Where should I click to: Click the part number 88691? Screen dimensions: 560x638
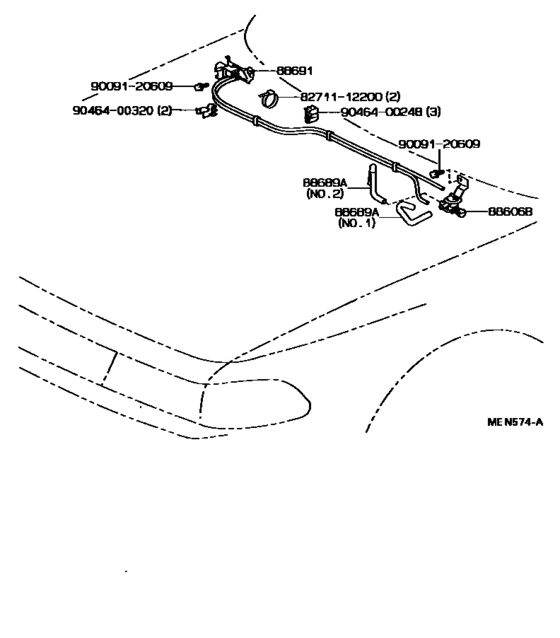[295, 71]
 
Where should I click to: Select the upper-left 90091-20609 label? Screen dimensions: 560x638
[132, 86]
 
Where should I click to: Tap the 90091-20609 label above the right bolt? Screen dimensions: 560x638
[439, 144]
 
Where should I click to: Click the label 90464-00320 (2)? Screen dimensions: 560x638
[122, 110]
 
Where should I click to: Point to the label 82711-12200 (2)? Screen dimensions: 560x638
[350, 97]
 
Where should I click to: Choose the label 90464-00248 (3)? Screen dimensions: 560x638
[391, 111]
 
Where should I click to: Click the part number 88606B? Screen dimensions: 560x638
[510, 212]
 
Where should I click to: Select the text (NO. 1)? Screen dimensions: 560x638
[357, 223]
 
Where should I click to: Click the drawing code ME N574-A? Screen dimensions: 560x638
[515, 422]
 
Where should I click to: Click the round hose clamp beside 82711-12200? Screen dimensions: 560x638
[268, 98]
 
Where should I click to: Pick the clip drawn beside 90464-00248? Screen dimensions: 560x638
[311, 114]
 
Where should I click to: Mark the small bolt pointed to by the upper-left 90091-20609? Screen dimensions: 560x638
[201, 86]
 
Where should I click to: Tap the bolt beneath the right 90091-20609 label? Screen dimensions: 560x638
[437, 173]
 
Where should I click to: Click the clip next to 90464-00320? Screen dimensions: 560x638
[208, 111]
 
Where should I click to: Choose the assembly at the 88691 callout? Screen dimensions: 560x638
[233, 72]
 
